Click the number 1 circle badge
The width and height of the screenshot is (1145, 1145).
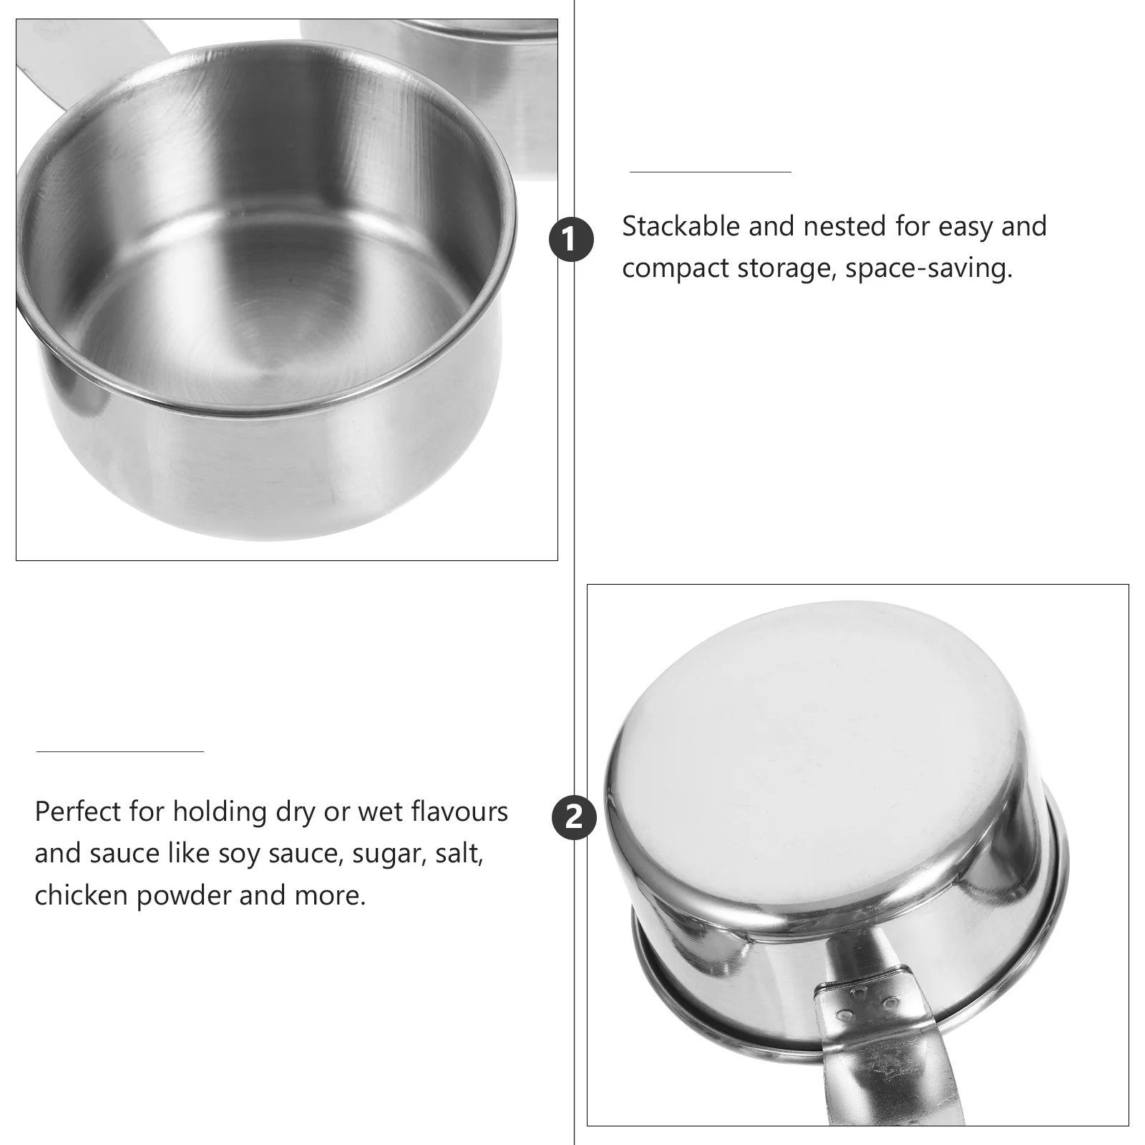click(x=571, y=240)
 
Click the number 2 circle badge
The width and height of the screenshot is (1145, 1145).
click(x=574, y=817)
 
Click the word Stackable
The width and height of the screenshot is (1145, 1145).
click(x=681, y=227)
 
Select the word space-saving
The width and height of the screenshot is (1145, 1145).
click(x=929, y=268)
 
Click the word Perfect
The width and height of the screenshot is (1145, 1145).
click(x=78, y=812)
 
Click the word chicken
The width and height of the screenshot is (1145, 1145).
click(x=81, y=895)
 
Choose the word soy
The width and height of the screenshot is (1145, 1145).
click(x=240, y=854)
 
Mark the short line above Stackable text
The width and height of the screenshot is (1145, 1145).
click(x=710, y=172)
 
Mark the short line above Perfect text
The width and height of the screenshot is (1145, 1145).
click(x=120, y=751)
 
